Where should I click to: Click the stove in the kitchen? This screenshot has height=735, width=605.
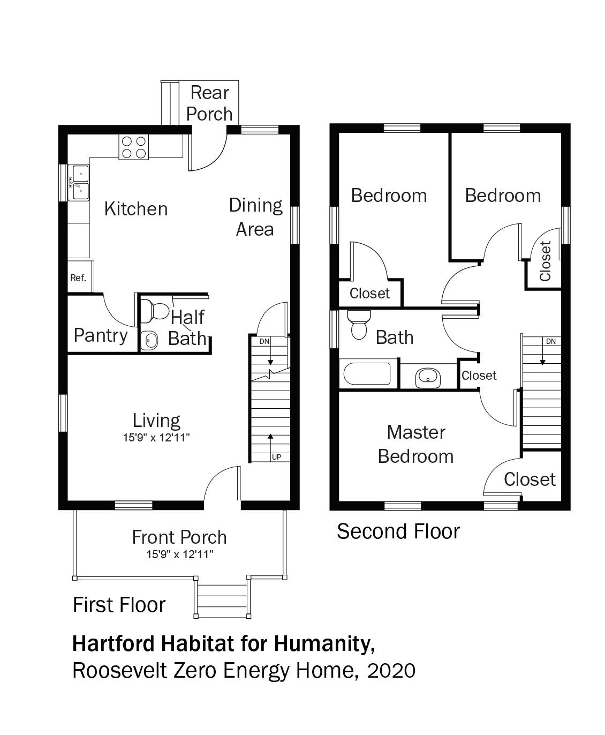tap(134, 147)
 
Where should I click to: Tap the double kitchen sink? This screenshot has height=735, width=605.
tap(79, 183)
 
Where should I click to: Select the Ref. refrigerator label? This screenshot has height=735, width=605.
tap(78, 278)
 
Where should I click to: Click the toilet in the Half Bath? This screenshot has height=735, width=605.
tap(155, 310)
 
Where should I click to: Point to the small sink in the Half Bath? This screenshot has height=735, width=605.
tap(149, 340)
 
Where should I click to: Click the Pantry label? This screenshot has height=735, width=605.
tap(101, 335)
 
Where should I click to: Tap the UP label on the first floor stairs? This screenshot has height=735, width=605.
tap(276, 457)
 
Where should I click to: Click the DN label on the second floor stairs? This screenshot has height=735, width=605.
tap(551, 341)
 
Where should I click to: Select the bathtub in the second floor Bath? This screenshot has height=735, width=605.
tap(367, 374)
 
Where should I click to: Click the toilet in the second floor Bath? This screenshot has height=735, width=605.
tap(359, 325)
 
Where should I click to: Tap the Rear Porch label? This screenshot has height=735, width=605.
tap(210, 103)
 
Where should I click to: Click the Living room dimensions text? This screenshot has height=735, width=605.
tap(156, 438)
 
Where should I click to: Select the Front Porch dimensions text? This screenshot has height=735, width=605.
tap(180, 554)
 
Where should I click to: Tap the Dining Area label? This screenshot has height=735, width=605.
tap(256, 217)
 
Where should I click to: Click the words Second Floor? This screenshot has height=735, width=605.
tap(398, 531)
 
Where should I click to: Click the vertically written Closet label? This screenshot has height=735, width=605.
tap(545, 261)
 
